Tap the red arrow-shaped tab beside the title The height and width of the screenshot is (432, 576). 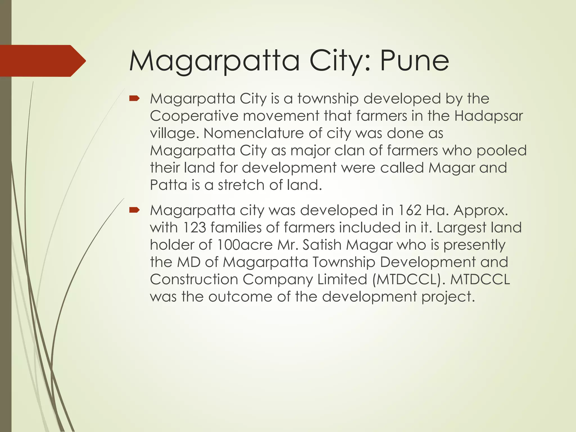pos(42,61)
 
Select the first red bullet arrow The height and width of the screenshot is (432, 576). pos(134,98)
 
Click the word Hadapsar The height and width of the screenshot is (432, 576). pos(489,116)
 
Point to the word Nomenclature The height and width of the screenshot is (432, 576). pos(253,133)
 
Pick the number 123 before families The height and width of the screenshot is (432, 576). pos(194,228)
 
